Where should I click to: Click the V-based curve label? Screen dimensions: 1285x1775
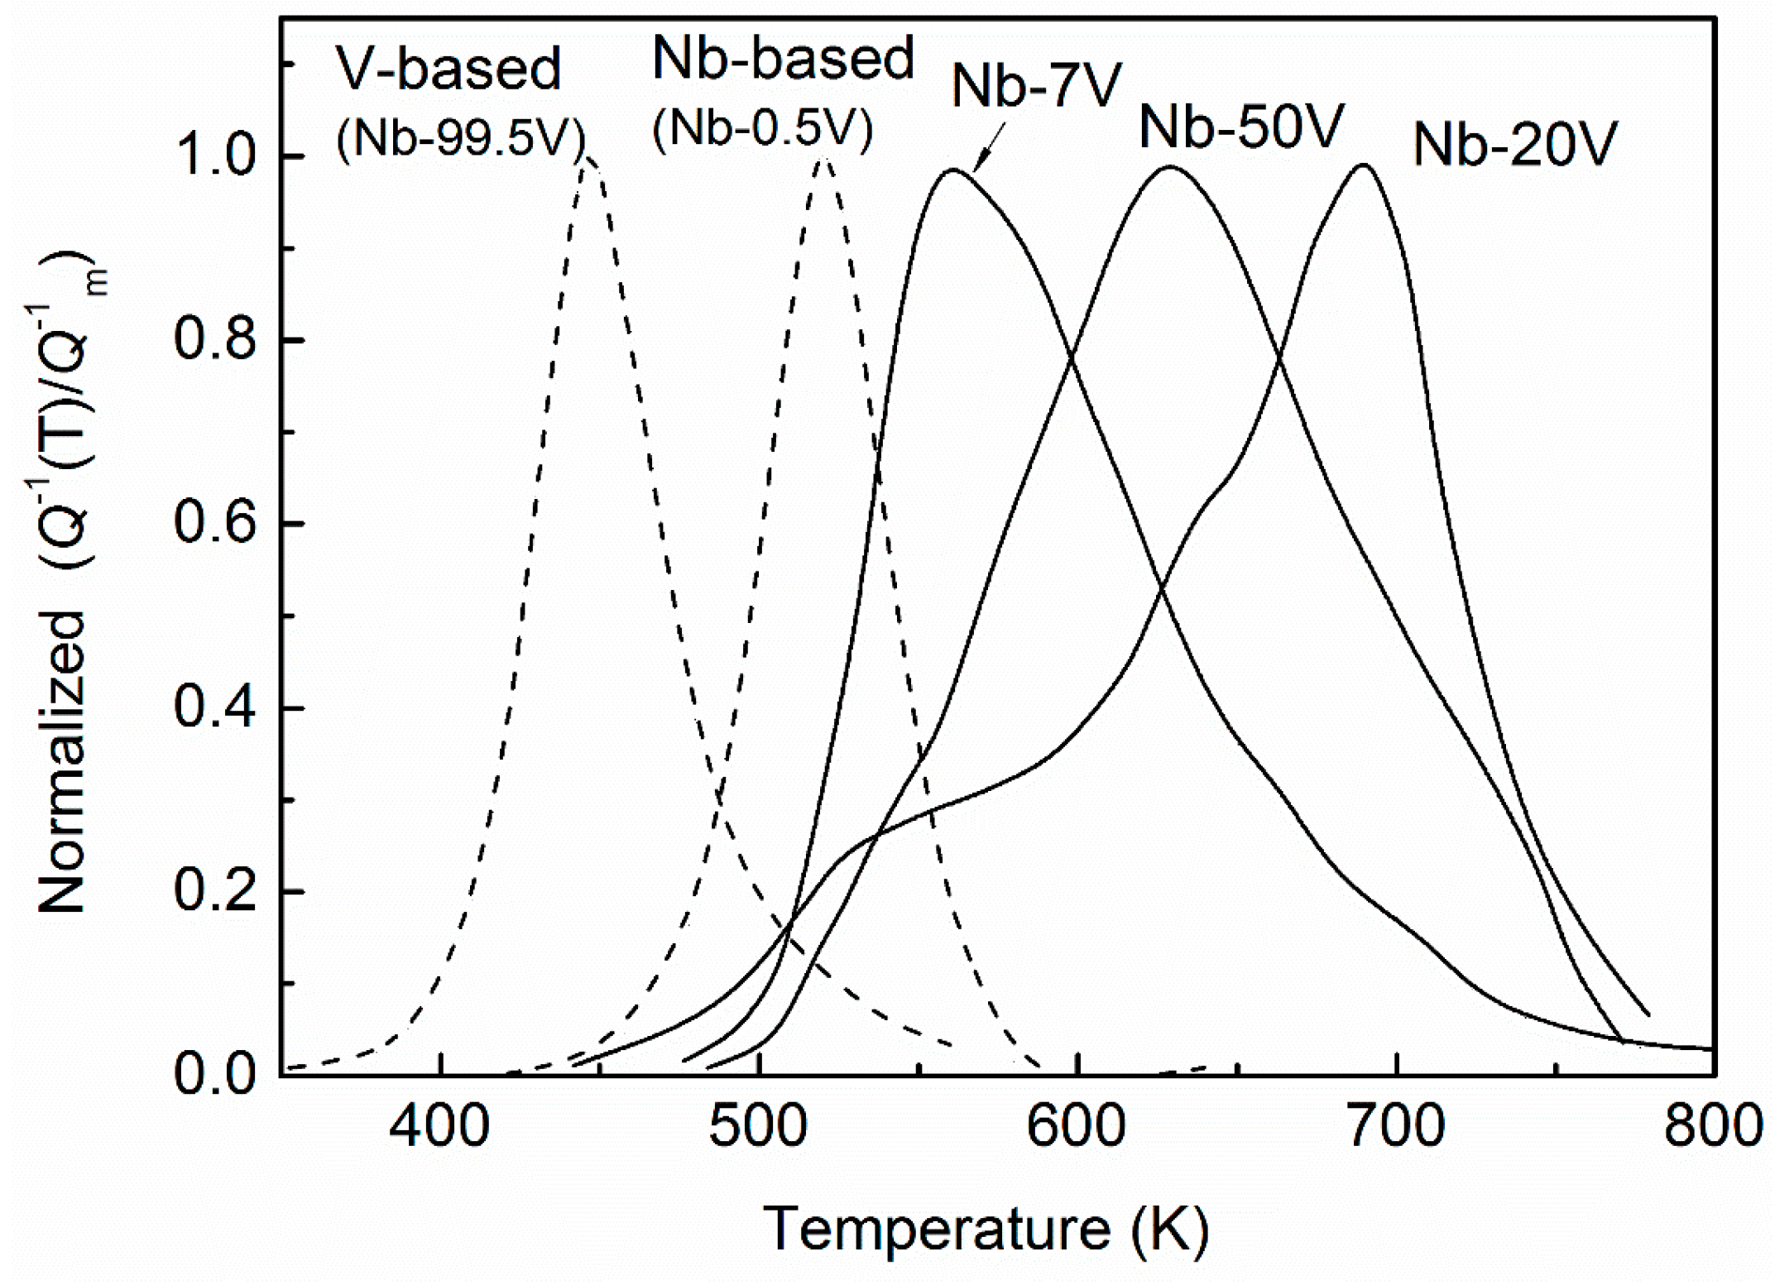(x=448, y=70)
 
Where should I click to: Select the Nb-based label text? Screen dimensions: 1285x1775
(x=783, y=59)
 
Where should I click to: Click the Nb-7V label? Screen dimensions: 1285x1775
(x=1036, y=86)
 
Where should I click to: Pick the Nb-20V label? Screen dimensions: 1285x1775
(x=1514, y=146)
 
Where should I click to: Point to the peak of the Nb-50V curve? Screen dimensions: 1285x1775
(x=1170, y=168)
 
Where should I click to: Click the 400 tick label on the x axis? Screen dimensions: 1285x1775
(x=439, y=1127)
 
